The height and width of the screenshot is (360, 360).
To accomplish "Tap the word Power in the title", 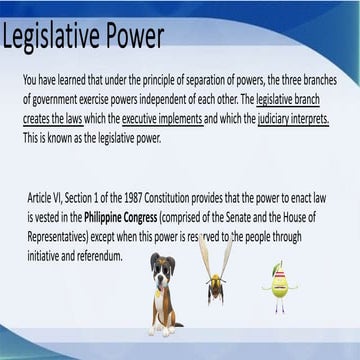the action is point(132,35).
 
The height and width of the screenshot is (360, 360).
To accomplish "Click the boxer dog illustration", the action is point(165,294).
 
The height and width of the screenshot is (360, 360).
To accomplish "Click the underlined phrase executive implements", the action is point(163,119).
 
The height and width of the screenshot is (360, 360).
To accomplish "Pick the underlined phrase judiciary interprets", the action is point(293,119).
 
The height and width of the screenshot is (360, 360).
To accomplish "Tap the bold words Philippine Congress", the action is point(120,218).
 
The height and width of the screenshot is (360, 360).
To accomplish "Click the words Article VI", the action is point(45,199).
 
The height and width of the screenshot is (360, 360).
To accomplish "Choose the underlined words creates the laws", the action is point(53,119).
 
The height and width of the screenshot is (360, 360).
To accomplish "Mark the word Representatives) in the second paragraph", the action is point(58,237).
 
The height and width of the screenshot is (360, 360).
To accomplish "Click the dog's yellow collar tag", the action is point(157,293).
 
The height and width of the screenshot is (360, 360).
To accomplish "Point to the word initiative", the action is point(40,256).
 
